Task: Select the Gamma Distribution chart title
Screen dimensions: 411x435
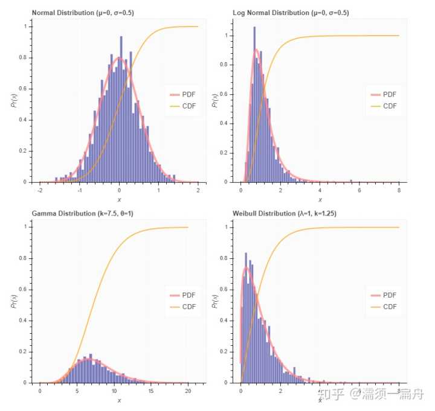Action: click(80, 213)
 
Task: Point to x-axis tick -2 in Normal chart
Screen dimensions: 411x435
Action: click(40, 191)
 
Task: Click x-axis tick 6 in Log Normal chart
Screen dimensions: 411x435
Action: click(359, 191)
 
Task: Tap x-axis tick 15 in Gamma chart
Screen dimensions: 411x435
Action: click(151, 391)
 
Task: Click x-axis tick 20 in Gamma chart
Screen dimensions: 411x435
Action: click(188, 391)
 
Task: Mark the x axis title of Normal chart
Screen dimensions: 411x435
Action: click(119, 200)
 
